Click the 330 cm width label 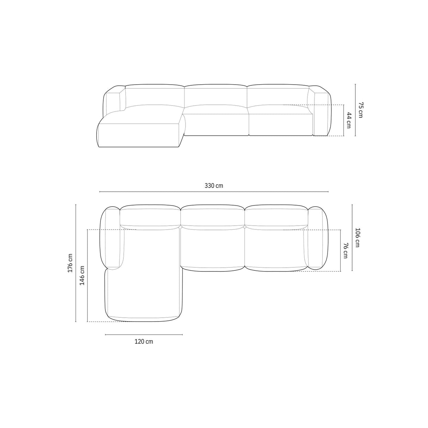click(214, 186)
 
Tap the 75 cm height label click(360, 110)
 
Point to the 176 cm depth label click(70, 263)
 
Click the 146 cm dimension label click(82, 275)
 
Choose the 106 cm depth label click(357, 237)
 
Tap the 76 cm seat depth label click(346, 251)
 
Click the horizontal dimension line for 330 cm click(214, 191)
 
